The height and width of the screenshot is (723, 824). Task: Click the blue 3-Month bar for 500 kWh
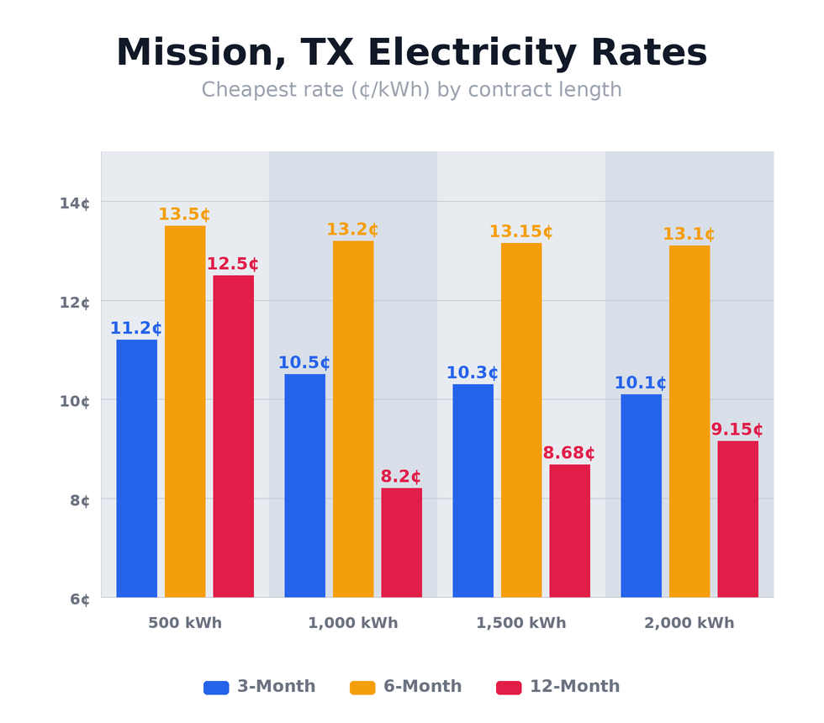pyautogui.click(x=136, y=468)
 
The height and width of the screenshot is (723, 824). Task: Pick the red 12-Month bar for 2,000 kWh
pyautogui.click(x=737, y=519)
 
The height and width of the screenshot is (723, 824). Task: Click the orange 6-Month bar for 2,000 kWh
pyautogui.click(x=689, y=421)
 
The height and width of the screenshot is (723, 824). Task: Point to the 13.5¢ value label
pyautogui.click(x=184, y=215)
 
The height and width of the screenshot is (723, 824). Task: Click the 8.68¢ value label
pyautogui.click(x=568, y=454)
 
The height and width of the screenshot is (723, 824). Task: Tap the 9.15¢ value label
pyautogui.click(x=737, y=430)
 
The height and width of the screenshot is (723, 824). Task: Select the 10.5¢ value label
pyautogui.click(x=304, y=363)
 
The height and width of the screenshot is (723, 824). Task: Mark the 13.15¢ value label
pyautogui.click(x=520, y=232)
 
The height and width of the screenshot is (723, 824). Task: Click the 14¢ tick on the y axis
pyautogui.click(x=74, y=203)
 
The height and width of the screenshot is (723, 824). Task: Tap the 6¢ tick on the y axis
pyautogui.click(x=79, y=599)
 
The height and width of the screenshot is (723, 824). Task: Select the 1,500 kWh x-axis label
pyautogui.click(x=520, y=624)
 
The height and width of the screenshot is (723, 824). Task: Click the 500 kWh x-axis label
pyautogui.click(x=184, y=624)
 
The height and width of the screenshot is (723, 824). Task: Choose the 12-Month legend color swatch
pyautogui.click(x=508, y=688)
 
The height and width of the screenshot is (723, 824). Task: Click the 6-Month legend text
pyautogui.click(x=422, y=687)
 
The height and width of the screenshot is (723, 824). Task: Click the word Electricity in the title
pyautogui.click(x=472, y=54)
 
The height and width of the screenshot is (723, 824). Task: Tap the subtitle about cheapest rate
pyautogui.click(x=411, y=90)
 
